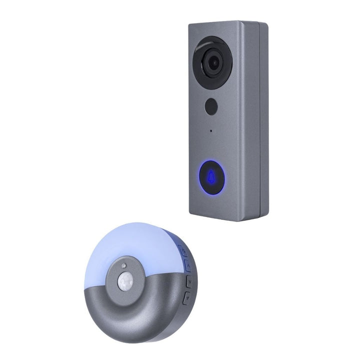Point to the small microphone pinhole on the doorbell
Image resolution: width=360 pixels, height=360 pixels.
click(x=210, y=131)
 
